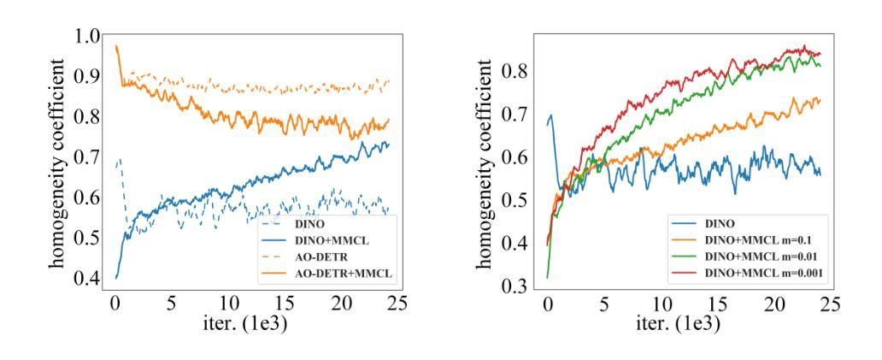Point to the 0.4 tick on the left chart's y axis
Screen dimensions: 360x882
point(88,279)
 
